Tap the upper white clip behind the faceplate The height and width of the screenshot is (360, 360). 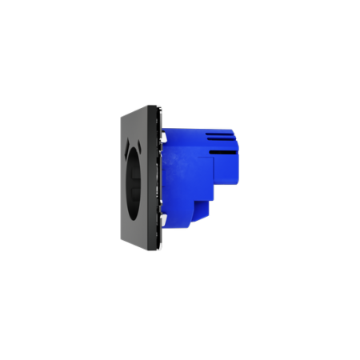163,138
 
